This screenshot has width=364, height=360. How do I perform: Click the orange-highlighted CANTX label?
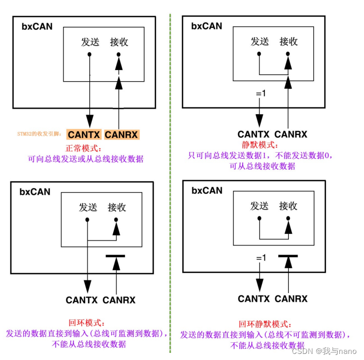[84, 135]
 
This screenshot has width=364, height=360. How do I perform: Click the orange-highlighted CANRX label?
[121, 135]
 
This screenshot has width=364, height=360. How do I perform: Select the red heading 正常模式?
[84, 149]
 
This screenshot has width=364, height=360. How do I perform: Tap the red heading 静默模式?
[259, 145]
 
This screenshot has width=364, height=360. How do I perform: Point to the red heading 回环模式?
[86, 323]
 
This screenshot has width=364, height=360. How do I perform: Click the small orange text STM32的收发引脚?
[39, 135]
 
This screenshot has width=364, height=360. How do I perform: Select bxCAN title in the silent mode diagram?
[207, 25]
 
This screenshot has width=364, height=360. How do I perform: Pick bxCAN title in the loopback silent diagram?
[207, 191]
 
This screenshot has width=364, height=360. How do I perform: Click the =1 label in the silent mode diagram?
[260, 93]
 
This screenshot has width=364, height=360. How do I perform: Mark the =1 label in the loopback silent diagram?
[260, 258]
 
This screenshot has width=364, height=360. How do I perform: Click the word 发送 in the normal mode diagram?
[90, 42]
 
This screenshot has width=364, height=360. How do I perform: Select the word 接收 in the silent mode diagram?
[288, 42]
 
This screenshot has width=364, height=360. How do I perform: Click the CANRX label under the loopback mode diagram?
[119, 300]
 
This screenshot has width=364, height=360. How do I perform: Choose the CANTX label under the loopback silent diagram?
[254, 299]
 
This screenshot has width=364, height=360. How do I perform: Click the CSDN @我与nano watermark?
[324, 351]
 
